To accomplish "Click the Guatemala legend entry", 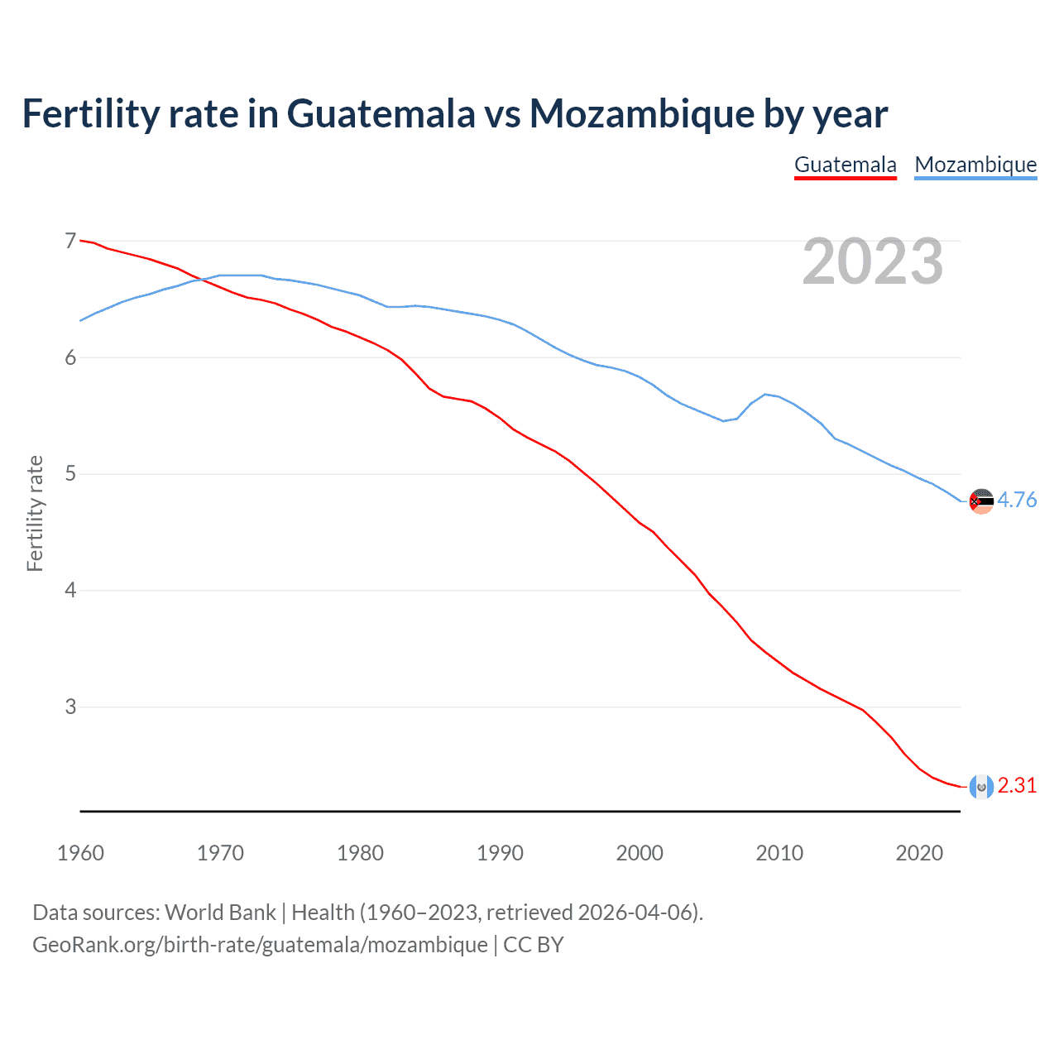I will click(x=845, y=165).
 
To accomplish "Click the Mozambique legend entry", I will click(x=975, y=165).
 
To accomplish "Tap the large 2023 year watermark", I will click(x=872, y=261).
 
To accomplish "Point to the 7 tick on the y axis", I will click(x=70, y=241).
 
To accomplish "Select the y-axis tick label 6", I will click(x=70, y=357).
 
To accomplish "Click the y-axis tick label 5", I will click(x=70, y=474).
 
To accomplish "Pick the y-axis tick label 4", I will click(x=70, y=590).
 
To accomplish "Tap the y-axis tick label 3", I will click(x=70, y=707).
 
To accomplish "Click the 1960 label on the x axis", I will click(x=80, y=853).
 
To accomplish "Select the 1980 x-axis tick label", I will click(x=360, y=853).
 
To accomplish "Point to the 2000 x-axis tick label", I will click(x=640, y=853).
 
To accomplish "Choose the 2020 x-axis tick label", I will click(x=919, y=853).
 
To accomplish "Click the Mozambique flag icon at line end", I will click(x=981, y=501).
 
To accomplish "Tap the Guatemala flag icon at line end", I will click(x=981, y=787).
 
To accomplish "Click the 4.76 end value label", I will click(x=1017, y=500).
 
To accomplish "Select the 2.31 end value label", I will click(x=1017, y=785).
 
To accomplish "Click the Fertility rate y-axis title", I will click(x=35, y=513).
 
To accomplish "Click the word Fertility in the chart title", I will click(x=89, y=113).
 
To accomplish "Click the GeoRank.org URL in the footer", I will click(x=260, y=945).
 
